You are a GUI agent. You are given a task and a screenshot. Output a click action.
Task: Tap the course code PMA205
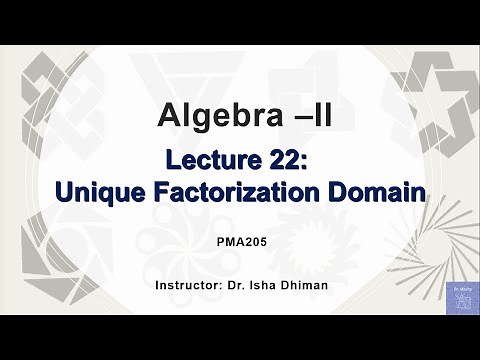[x=239, y=242]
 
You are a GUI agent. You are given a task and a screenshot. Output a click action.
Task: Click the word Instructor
[x=191, y=287]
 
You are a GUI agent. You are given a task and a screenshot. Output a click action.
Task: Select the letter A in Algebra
[x=171, y=116]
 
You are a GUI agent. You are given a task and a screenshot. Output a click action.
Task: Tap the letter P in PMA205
[x=220, y=242]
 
